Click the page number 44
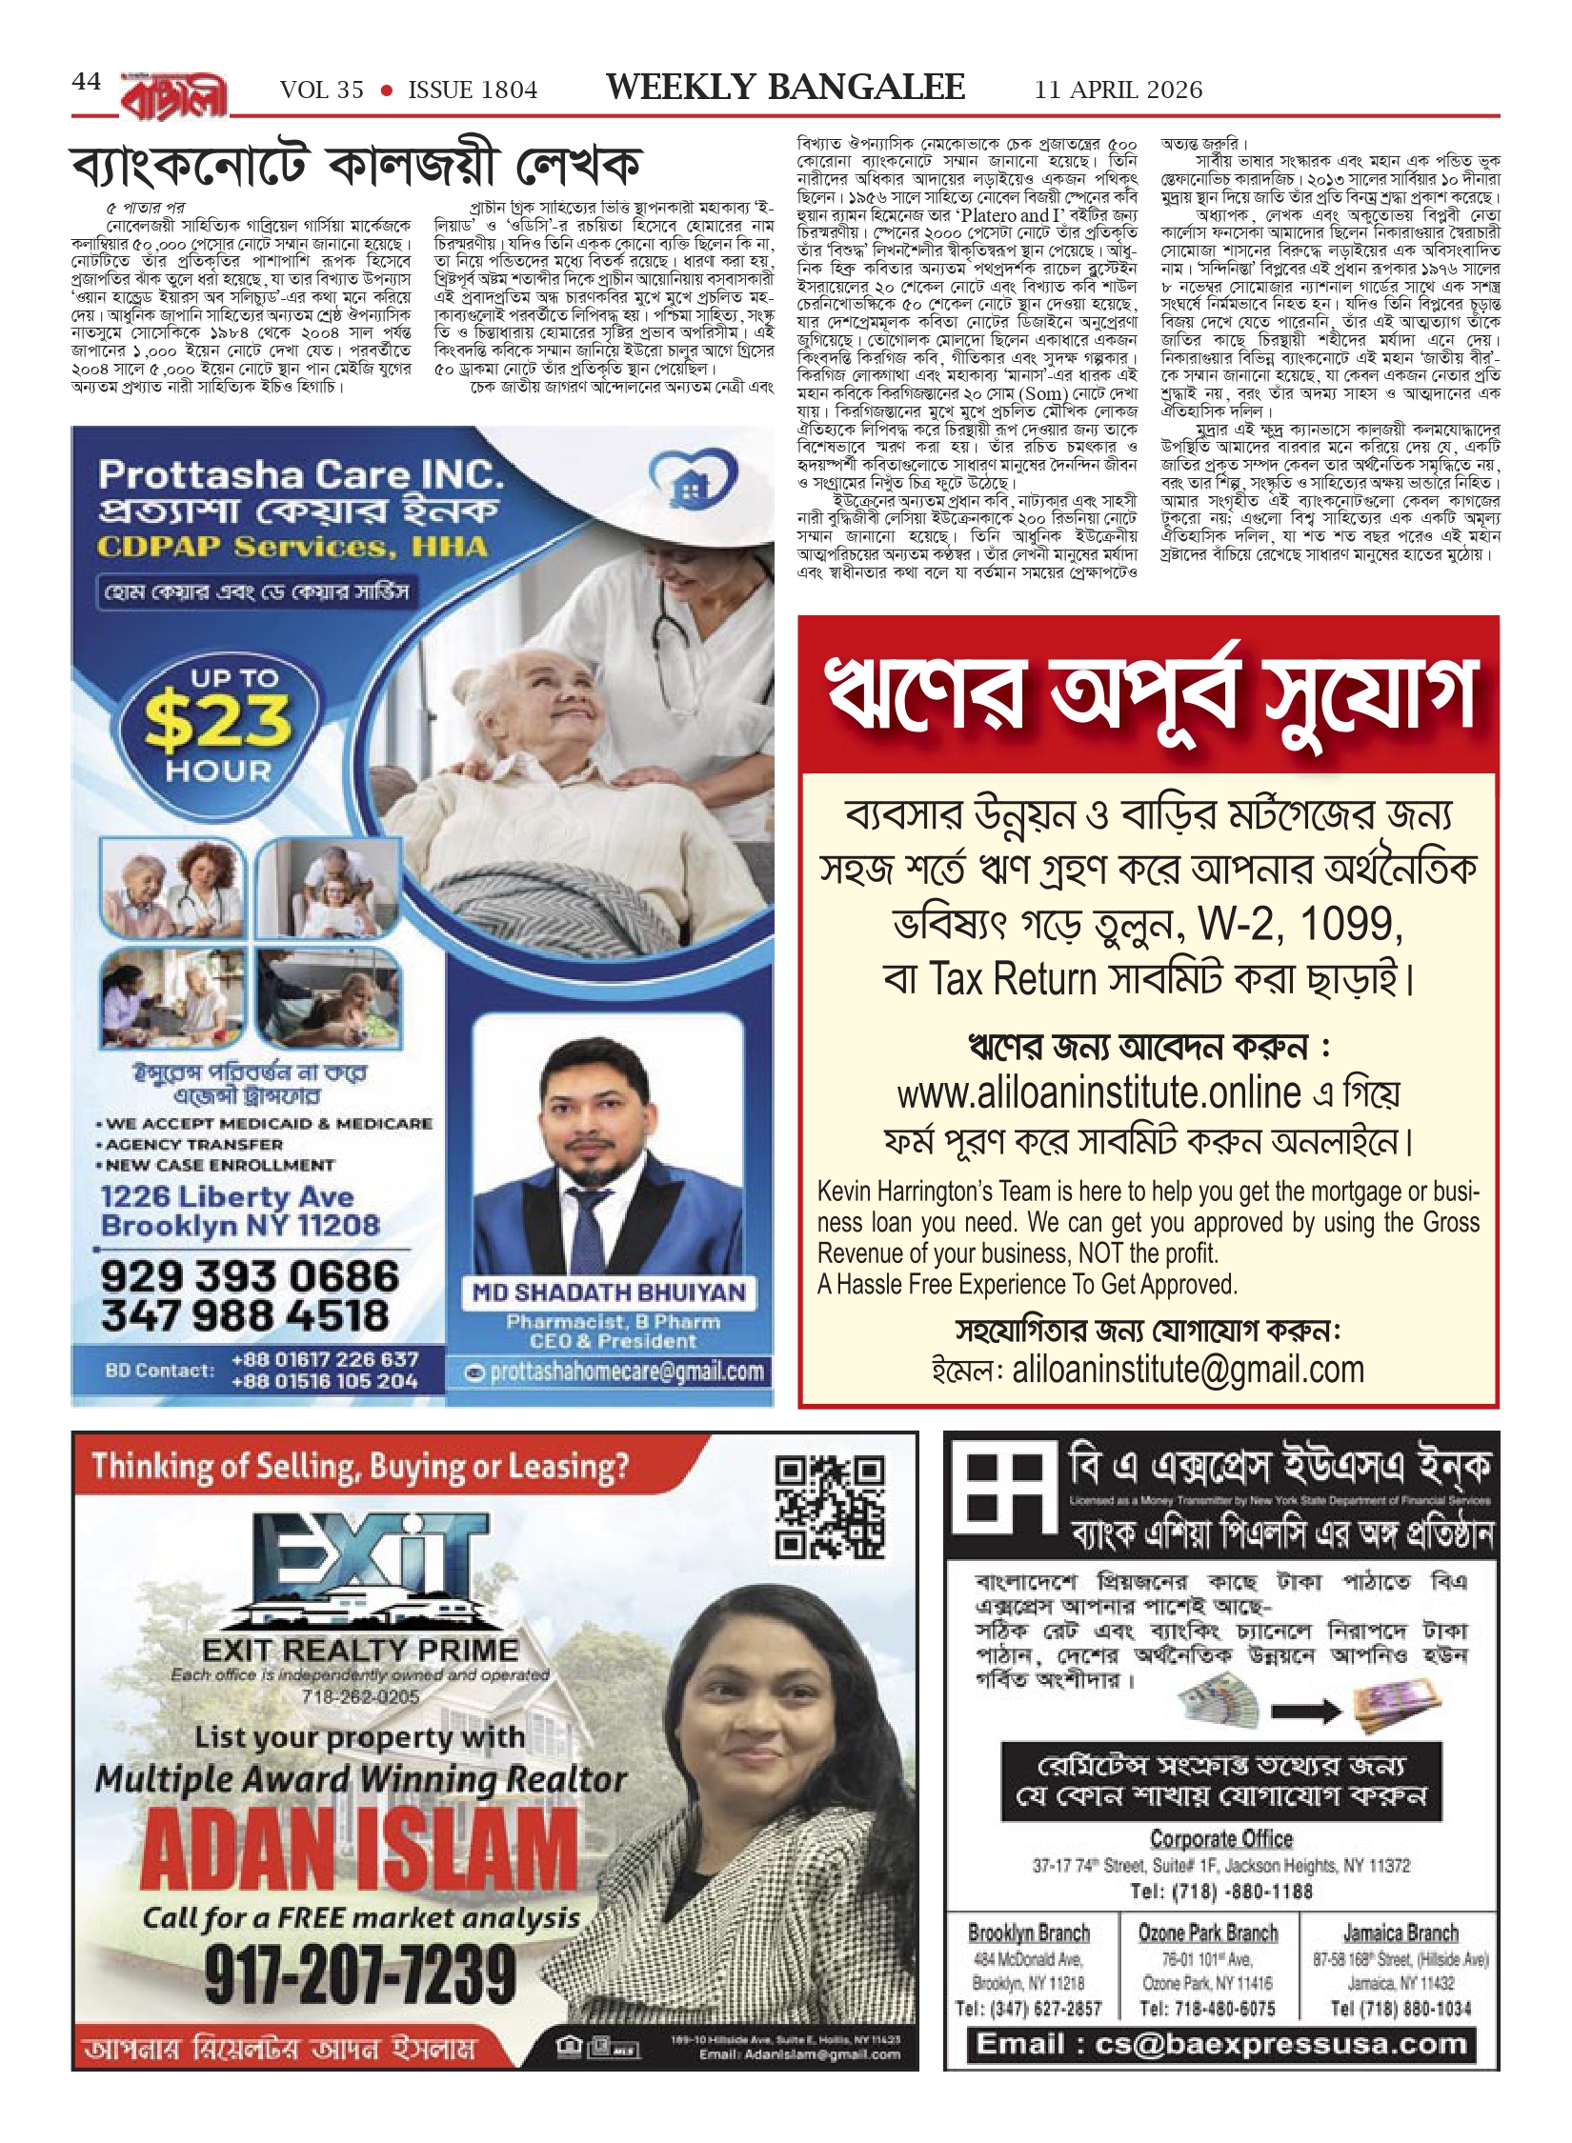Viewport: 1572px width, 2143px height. point(86,83)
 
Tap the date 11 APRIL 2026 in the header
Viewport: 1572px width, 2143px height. point(1119,90)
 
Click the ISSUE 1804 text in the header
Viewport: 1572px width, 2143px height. point(473,90)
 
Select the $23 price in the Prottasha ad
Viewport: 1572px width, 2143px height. point(218,722)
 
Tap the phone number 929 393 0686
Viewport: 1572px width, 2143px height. point(250,1276)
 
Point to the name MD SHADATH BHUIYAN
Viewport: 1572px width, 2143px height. point(609,1292)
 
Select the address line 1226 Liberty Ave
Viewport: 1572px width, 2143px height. point(227,1196)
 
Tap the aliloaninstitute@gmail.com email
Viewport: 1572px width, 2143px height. point(1188,1370)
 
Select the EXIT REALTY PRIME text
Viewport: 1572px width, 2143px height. point(360,1650)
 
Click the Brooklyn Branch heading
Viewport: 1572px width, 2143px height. point(1028,1933)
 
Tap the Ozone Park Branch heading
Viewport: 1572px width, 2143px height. point(1207,1933)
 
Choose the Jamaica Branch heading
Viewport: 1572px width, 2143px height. point(1400,1933)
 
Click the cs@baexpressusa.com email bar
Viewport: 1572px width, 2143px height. point(1221,2044)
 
